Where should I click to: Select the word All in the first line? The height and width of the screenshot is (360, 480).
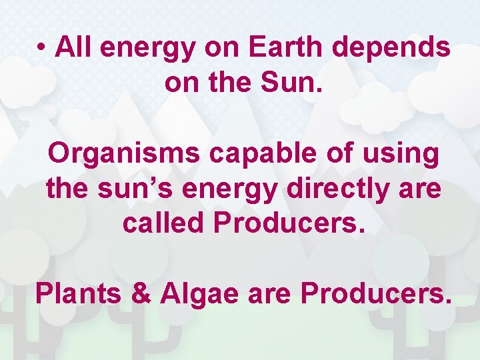70,47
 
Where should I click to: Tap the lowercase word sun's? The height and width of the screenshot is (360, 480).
131,188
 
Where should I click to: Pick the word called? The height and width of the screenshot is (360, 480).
163,223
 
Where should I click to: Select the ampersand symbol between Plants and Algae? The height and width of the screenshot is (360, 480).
141,293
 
